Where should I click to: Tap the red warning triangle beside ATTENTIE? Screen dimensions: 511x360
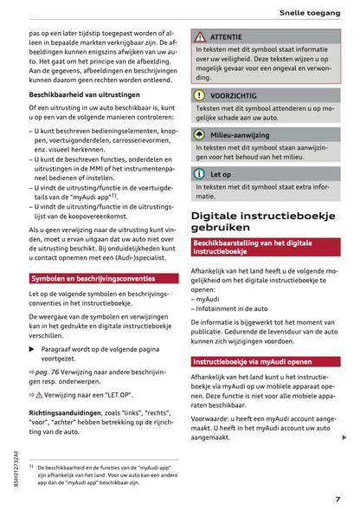pyautogui.click(x=199, y=38)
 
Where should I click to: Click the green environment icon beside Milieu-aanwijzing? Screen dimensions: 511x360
pyautogui.click(x=199, y=135)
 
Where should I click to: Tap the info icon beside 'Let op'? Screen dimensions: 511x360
pyautogui.click(x=199, y=174)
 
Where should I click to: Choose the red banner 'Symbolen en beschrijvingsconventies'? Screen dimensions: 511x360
pyautogui.click(x=93, y=255)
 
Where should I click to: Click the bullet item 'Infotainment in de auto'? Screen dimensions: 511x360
pyautogui.click(x=236, y=307)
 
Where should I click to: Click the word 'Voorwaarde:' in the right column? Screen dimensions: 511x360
pyautogui.click(x=215, y=417)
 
